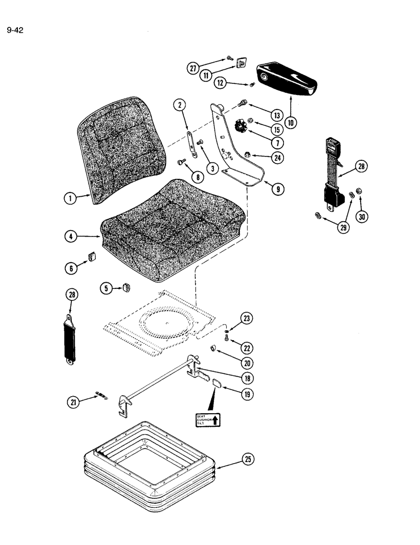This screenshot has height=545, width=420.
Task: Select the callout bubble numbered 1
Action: tap(69, 199)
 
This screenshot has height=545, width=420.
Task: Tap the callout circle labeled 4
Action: tap(70, 237)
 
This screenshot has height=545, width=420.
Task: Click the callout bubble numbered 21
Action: tap(73, 402)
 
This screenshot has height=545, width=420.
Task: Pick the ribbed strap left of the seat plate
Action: tap(72, 340)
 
